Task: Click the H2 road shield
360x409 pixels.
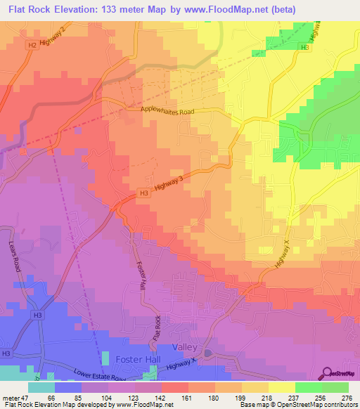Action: [32, 44]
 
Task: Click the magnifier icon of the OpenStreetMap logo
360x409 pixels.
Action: [328, 373]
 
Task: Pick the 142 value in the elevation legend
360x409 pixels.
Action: [161, 398]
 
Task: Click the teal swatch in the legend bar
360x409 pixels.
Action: [41, 387]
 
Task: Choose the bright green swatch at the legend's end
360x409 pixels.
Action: [335, 387]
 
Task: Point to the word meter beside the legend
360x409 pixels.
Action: [10, 398]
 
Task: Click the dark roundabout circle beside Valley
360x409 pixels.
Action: [207, 352]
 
